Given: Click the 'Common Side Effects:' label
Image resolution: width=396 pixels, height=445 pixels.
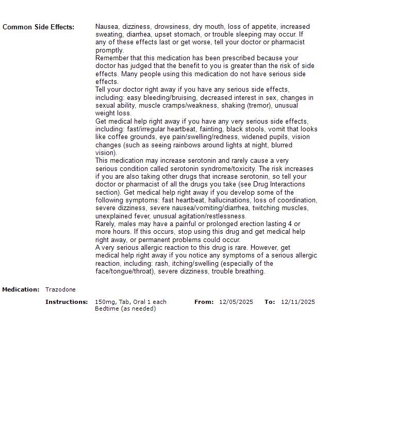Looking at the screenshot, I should click(x=38, y=27).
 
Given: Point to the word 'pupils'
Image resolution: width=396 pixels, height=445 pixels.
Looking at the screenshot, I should click(x=279, y=137).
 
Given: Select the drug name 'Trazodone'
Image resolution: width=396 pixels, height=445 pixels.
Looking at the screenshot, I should click(x=60, y=289).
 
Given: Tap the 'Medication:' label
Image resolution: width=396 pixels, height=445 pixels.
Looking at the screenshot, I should click(x=21, y=289).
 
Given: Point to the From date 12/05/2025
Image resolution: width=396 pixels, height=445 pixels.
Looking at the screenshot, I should click(x=236, y=302).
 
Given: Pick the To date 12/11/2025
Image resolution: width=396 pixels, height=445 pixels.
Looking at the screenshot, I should click(x=298, y=302).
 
